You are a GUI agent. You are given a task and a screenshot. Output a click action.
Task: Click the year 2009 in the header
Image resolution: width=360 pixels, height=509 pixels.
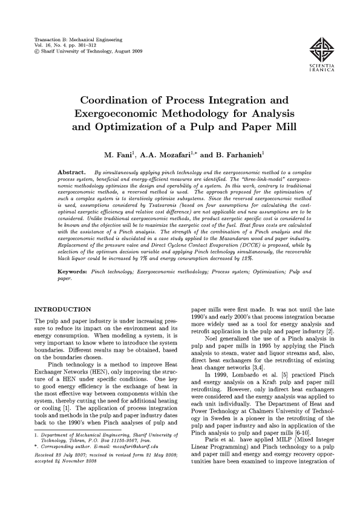coord(132,51)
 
